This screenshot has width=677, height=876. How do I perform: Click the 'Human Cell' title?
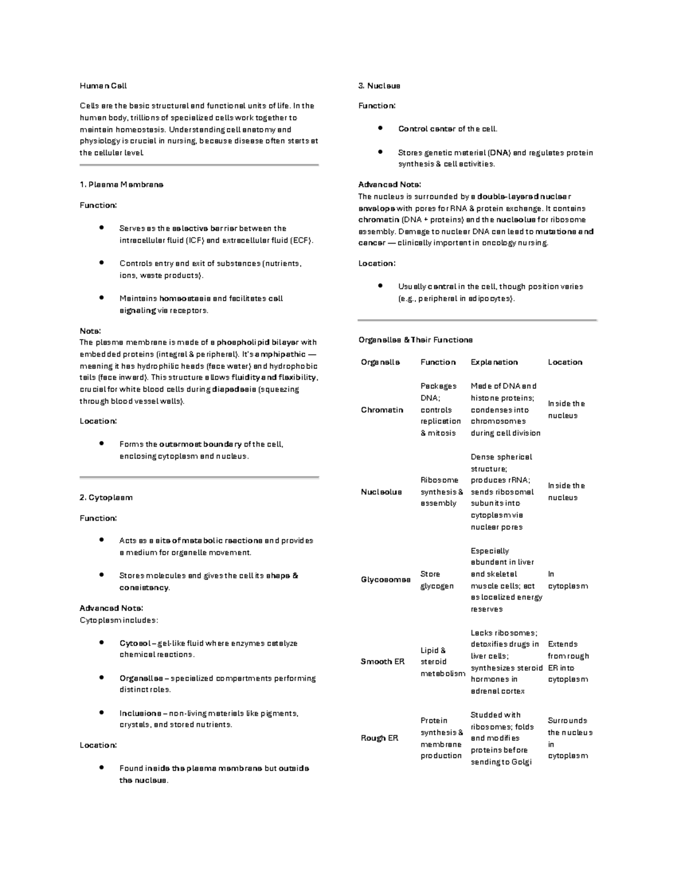click(103, 86)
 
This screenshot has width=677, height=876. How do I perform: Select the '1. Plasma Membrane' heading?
click(121, 184)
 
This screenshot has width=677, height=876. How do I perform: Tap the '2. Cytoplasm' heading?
click(106, 498)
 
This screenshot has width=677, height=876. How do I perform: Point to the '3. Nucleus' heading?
click(379, 86)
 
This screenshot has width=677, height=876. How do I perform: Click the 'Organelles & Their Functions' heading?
click(415, 340)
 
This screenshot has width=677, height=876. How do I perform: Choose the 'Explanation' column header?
click(494, 362)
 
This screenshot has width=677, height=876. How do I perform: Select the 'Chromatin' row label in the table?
click(382, 410)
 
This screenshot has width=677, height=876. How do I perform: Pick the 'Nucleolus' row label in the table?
click(381, 492)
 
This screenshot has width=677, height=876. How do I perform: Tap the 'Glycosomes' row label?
click(385, 580)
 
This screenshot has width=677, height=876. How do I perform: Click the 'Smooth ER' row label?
click(383, 662)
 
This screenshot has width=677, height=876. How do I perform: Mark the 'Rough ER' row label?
click(379, 738)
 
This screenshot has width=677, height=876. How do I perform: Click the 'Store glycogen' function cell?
click(437, 580)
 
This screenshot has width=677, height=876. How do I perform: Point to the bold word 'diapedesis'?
click(233, 389)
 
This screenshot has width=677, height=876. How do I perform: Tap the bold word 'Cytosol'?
click(135, 643)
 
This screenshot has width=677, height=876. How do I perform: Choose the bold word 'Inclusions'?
click(140, 714)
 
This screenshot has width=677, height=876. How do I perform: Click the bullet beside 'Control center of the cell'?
click(381, 129)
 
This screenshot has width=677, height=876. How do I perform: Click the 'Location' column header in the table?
click(565, 362)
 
